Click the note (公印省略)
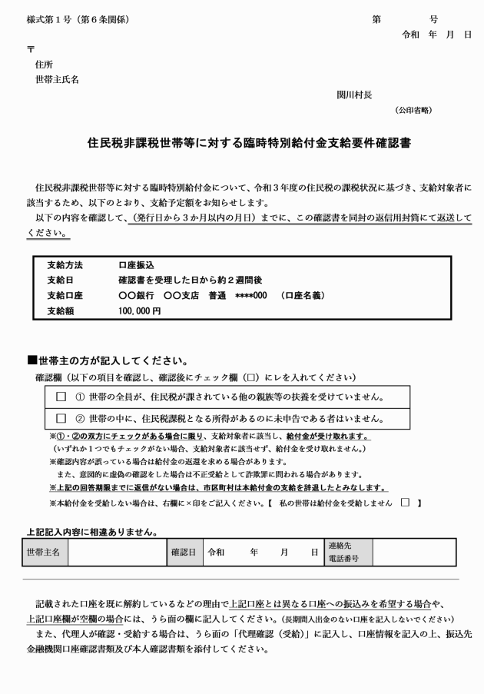[413, 110]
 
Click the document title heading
[242, 143]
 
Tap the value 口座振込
[136, 264]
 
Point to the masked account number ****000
[251, 295]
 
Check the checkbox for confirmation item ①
[62, 397]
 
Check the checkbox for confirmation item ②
[62, 419]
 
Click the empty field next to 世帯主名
[116, 552]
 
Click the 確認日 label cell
[183, 552]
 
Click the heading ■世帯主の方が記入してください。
[106, 360]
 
